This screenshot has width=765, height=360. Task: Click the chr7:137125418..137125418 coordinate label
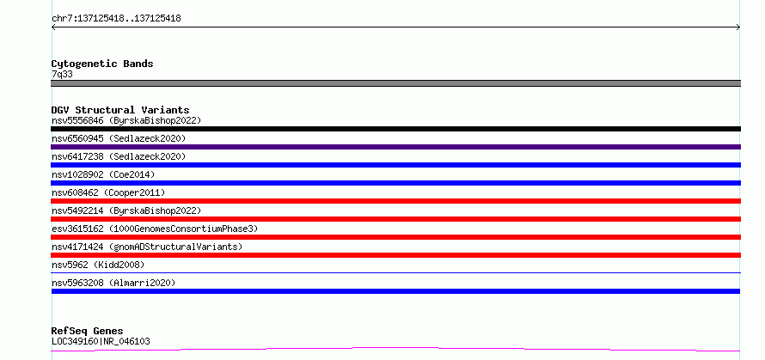click(116, 19)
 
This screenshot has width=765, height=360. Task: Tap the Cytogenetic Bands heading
click(102, 64)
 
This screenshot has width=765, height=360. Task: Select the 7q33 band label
click(63, 75)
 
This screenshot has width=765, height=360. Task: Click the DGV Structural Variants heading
click(120, 110)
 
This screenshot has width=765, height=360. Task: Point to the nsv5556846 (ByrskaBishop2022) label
click(126, 120)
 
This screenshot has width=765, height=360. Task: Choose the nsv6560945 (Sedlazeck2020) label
click(119, 138)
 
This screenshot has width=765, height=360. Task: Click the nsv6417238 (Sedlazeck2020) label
click(119, 156)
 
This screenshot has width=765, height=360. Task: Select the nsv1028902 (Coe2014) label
click(103, 174)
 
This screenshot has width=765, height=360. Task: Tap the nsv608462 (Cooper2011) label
click(108, 192)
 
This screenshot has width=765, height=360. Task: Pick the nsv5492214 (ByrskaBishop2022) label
click(126, 211)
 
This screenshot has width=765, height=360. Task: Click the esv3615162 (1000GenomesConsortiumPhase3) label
click(155, 229)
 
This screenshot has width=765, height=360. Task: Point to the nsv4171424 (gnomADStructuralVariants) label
click(147, 247)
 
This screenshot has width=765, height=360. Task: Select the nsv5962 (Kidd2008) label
click(98, 265)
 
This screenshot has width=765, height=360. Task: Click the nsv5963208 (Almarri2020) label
click(113, 283)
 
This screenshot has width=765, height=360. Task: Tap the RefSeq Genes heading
click(88, 332)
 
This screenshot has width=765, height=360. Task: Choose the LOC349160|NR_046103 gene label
click(101, 341)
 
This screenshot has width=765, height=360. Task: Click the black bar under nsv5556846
click(395, 129)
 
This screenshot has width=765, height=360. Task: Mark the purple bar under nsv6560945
click(395, 147)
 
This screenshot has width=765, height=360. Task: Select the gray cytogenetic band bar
click(395, 83)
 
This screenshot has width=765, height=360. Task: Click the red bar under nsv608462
click(395, 201)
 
